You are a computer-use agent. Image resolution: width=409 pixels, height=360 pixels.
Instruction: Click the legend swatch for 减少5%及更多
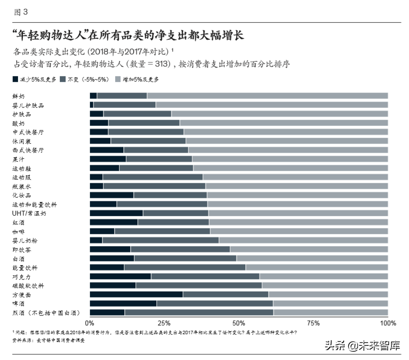click(x=15, y=79)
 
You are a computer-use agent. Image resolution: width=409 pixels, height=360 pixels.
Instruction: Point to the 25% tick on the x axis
click(x=164, y=323)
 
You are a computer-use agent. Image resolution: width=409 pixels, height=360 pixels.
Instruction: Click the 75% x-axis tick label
click(x=313, y=323)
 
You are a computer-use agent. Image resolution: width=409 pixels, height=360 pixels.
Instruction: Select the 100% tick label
click(x=388, y=323)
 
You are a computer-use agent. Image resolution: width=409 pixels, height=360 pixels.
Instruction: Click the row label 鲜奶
click(x=18, y=96)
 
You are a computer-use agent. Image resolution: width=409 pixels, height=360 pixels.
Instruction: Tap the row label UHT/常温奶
click(x=29, y=213)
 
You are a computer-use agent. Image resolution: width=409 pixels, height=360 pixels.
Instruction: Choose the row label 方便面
click(x=21, y=294)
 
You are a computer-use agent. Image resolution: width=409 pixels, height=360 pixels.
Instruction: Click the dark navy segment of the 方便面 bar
click(x=136, y=294)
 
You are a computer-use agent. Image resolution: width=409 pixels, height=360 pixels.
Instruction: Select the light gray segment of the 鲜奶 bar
click(x=267, y=96)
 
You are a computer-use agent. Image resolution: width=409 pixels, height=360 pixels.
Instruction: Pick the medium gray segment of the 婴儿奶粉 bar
click(x=160, y=240)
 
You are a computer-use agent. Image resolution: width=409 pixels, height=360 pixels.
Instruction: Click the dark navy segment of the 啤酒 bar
click(x=123, y=303)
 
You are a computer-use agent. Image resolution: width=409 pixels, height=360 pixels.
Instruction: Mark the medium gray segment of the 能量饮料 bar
click(x=185, y=267)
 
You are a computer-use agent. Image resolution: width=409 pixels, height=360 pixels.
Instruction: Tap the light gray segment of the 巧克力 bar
click(x=324, y=276)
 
